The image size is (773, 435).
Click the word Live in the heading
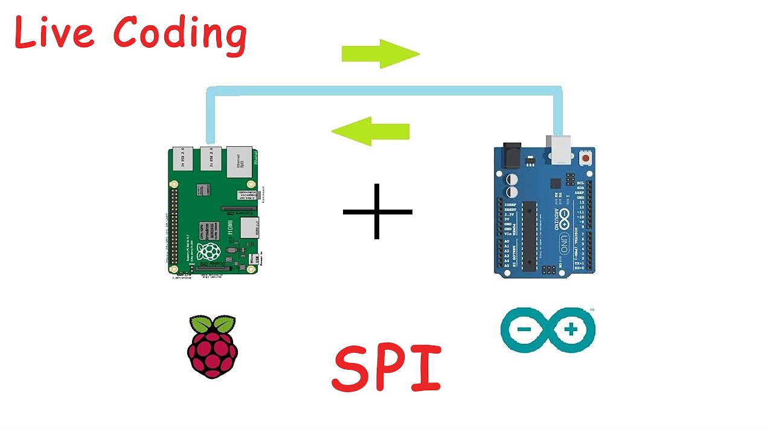click(x=54, y=33)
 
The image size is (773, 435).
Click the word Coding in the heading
click(x=180, y=35)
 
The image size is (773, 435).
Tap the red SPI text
click(x=386, y=369)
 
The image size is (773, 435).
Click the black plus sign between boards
click(x=377, y=211)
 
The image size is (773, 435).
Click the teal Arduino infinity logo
click(x=548, y=330)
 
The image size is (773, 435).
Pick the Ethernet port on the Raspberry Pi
click(x=239, y=161)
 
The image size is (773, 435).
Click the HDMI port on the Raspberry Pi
click(x=249, y=227)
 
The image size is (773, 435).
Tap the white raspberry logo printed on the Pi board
click(x=209, y=252)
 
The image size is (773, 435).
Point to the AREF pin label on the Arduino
click(x=580, y=192)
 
